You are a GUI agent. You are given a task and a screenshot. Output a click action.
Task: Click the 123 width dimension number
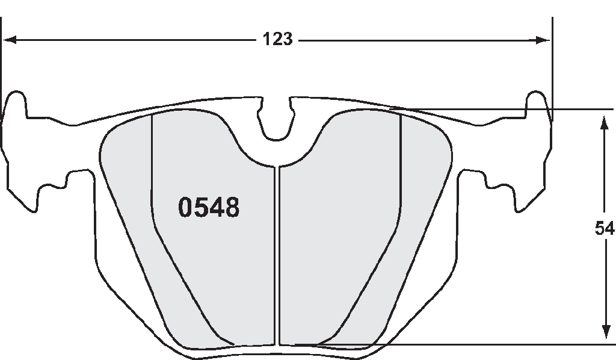[277, 39]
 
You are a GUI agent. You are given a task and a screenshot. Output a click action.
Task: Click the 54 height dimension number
[604, 228]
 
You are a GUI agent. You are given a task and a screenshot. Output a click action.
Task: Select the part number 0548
[209, 207]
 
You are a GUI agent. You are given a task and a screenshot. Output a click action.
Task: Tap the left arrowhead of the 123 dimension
[9, 40]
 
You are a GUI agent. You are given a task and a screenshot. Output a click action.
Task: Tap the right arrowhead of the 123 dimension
[544, 40]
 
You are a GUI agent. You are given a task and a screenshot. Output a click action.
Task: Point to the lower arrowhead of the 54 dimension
[606, 332]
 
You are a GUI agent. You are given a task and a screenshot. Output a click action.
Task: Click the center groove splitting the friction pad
[277, 255]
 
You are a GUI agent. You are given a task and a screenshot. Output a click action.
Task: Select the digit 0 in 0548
[185, 207]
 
